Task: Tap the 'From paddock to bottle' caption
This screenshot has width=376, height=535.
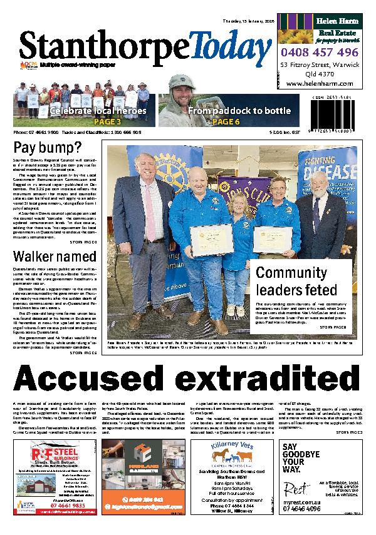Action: [x=239, y=111]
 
